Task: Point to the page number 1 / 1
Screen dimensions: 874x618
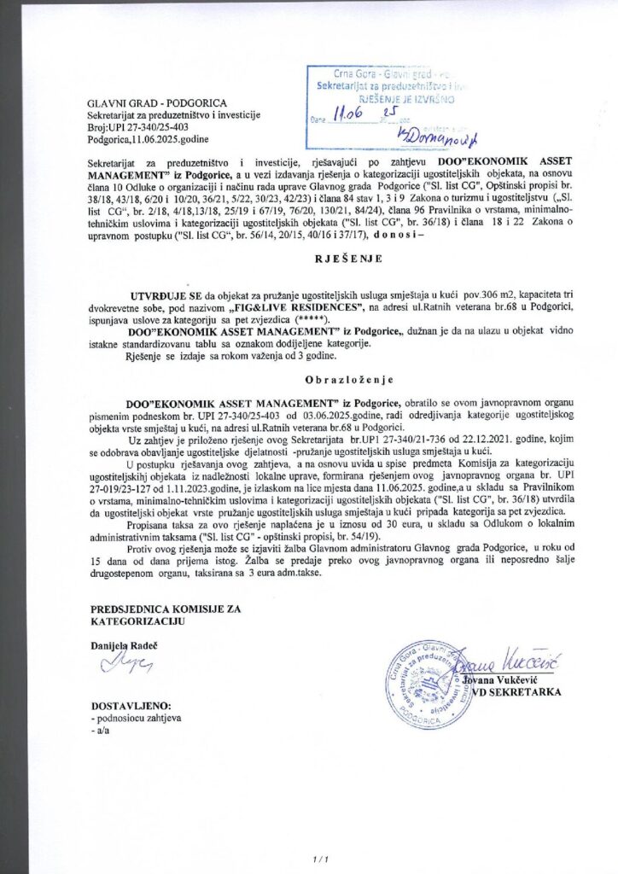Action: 320,858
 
